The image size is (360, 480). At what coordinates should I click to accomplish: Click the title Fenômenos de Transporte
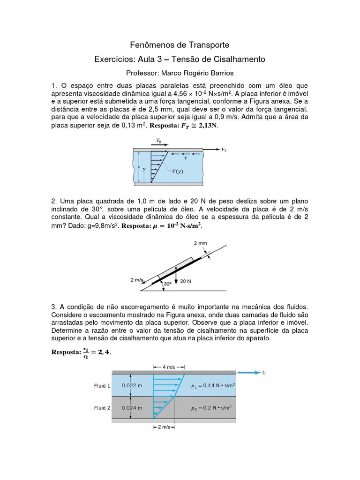click(x=180, y=45)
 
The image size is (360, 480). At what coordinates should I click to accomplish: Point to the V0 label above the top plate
click(x=159, y=140)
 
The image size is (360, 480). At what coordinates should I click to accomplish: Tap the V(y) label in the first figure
click(x=178, y=172)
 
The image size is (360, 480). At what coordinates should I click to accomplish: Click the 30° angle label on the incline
click(x=166, y=284)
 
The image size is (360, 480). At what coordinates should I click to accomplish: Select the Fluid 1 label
click(x=102, y=386)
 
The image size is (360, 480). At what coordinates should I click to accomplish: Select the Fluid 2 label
click(x=102, y=408)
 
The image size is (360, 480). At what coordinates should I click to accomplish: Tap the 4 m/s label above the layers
click(x=169, y=367)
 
